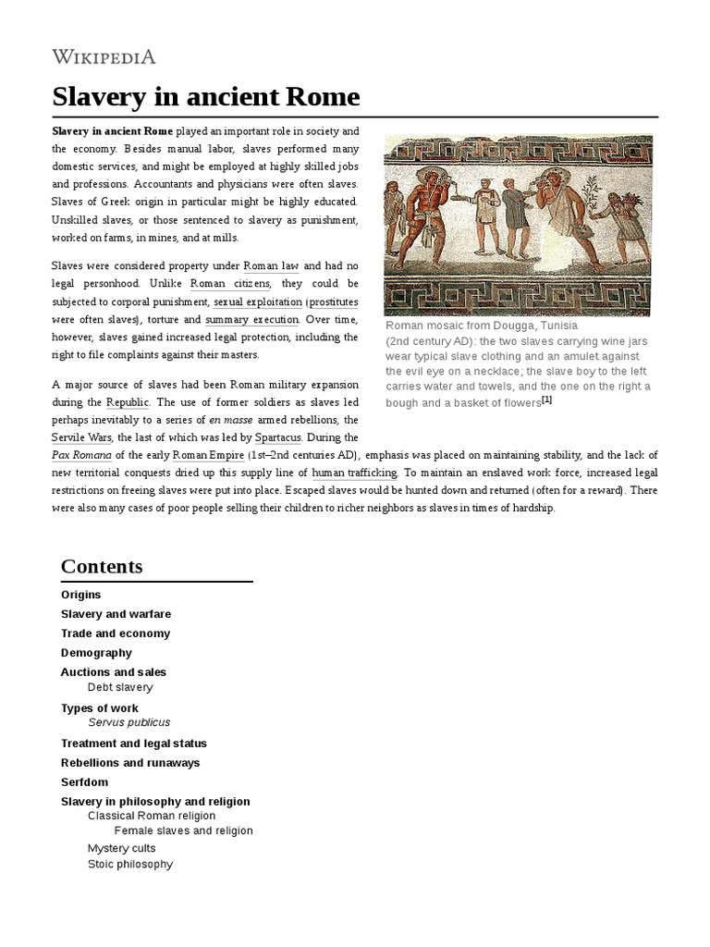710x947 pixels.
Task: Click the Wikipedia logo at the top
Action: click(x=104, y=57)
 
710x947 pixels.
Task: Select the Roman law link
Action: click(x=272, y=265)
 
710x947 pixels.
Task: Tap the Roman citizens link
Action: click(x=230, y=283)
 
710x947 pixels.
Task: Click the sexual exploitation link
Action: click(x=257, y=301)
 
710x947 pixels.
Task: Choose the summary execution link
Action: click(x=251, y=319)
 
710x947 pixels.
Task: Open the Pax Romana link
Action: click(x=81, y=455)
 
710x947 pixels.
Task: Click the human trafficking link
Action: click(x=355, y=473)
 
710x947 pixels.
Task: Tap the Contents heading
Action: click(x=102, y=566)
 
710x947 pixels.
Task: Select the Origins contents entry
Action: click(x=80, y=595)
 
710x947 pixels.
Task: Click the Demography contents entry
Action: click(x=96, y=653)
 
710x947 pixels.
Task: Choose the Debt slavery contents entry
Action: click(x=120, y=687)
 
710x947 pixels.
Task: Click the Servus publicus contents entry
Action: click(x=129, y=722)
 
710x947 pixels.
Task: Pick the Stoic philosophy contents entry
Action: click(x=129, y=864)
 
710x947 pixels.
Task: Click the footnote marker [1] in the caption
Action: click(x=546, y=400)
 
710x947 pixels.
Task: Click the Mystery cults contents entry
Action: click(x=121, y=848)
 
